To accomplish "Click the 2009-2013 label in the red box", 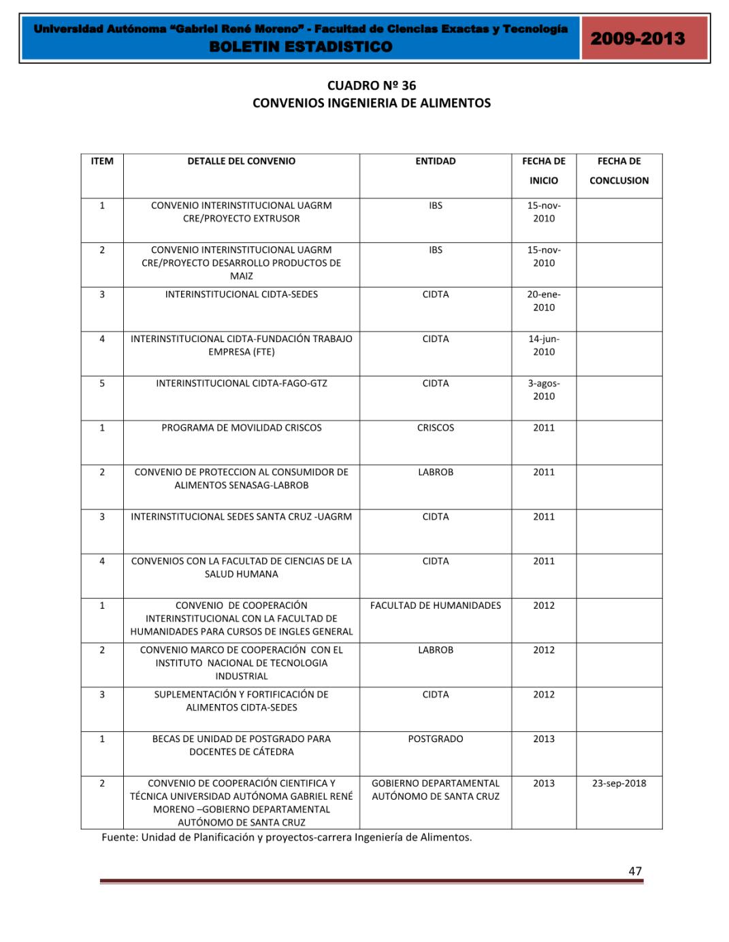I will pos(637,38).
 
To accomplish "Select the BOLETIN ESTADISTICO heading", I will pos(301,47).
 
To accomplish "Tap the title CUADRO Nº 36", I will pos(371,86).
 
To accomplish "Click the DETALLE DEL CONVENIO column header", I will pos(241,161).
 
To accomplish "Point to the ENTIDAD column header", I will pos(435,161).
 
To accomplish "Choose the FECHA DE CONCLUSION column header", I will pos(619,171).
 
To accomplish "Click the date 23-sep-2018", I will pos(619,783).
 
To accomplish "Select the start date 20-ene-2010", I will pos(543,301).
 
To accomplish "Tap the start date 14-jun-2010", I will pos(543,345).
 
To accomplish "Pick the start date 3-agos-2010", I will pos(543,390).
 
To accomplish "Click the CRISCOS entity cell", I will pos(435,428).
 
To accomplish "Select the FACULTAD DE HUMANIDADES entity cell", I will pos(435,605).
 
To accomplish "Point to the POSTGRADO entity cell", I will pos(435,739).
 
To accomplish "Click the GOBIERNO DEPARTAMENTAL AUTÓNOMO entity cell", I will pos(435,790).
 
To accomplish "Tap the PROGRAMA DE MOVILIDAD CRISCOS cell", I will pos(241,428).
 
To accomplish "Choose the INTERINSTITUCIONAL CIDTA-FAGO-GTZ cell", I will pos(241,384).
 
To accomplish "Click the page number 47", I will pos(634,871).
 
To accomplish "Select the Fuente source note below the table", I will pos(287,837).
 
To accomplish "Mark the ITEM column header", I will pos(102,161).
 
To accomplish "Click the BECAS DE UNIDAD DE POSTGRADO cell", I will pos(241,745).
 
